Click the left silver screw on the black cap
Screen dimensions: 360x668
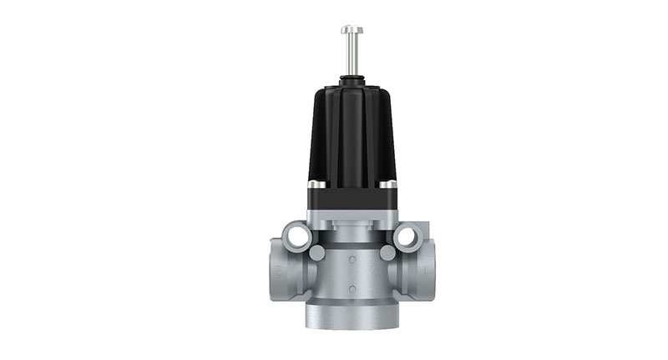click(x=314, y=185)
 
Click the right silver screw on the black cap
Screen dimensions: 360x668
click(x=389, y=185)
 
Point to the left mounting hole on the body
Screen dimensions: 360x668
click(x=297, y=236)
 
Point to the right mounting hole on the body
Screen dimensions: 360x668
click(x=407, y=236)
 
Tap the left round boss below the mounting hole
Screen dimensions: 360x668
click(x=316, y=252)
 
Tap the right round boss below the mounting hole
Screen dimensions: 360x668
click(x=387, y=252)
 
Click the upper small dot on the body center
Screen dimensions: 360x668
click(x=351, y=260)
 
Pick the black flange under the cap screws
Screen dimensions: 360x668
click(x=352, y=199)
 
